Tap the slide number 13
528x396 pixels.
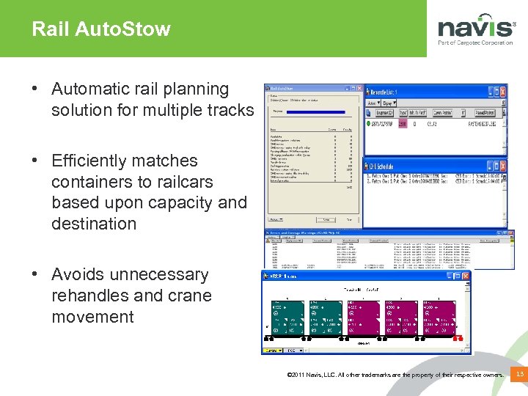[519, 375]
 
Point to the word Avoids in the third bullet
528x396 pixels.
[77, 275]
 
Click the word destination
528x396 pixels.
[94, 224]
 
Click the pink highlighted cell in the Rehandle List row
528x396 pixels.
[386, 125]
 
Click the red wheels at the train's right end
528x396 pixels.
[458, 339]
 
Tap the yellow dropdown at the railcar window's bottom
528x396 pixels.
[272, 351]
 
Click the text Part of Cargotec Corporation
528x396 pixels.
[475, 43]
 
